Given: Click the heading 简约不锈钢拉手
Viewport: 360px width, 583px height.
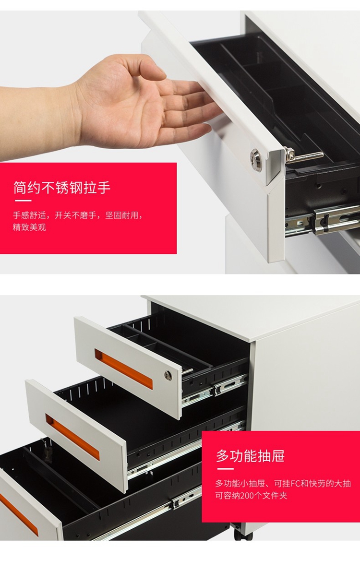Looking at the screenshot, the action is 62,188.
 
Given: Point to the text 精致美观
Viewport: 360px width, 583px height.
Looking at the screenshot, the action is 29,227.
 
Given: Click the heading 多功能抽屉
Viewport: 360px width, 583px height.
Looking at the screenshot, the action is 251,455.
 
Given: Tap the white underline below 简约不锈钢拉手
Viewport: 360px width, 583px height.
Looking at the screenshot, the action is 23,201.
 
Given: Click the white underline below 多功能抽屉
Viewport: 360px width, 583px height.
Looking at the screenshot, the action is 226,469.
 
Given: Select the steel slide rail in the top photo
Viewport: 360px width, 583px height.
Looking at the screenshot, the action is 323,221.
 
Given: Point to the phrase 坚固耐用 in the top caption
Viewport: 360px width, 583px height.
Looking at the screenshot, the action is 121,215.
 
